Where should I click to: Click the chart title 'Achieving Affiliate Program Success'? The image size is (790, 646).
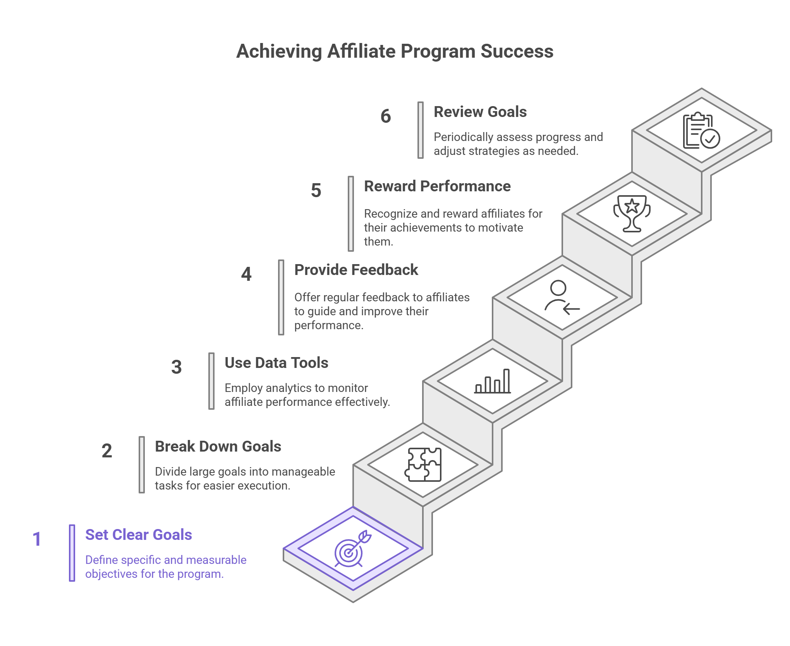395,51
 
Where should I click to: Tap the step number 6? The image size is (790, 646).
386,116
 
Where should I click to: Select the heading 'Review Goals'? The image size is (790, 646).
480,112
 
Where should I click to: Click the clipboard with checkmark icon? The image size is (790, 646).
701,131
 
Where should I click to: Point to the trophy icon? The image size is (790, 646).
632,213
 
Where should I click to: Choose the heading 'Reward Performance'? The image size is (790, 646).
437,186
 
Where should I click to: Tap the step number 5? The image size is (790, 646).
316,191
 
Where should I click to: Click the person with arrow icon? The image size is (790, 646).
562,297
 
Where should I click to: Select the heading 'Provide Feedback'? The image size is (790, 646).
356,270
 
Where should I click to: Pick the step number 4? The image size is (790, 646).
246,274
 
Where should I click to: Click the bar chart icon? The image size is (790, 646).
492,381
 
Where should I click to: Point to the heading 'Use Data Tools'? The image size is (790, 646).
276,363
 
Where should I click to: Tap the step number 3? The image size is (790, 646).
177,367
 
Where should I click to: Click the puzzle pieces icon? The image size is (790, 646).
423,464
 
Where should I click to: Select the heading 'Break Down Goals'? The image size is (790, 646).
218,447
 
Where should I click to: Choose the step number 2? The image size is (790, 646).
107,451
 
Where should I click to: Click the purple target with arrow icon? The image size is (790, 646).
353,548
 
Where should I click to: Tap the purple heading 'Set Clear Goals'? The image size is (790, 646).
139,535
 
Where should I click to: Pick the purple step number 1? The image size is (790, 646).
37,539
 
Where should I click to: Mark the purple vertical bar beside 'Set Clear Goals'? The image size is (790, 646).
72,553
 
